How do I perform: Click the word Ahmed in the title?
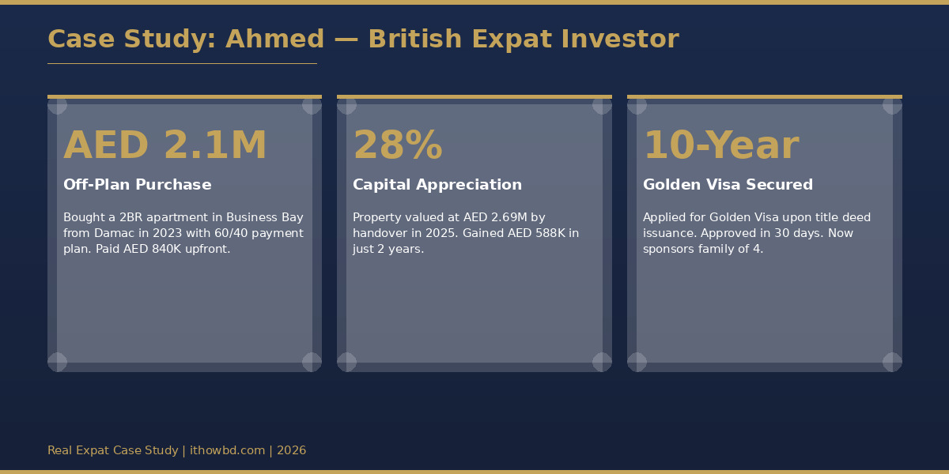[274, 39]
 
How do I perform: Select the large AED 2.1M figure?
[165, 146]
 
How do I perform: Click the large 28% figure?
[397, 146]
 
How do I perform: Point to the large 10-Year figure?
[720, 146]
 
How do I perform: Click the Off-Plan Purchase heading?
[138, 185]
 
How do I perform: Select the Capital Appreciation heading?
[437, 185]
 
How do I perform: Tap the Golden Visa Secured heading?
[728, 185]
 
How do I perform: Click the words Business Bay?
[264, 217]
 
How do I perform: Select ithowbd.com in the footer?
[227, 450]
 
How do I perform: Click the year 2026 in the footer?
[291, 450]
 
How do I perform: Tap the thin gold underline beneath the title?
[182, 63]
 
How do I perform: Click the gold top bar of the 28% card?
[475, 96]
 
